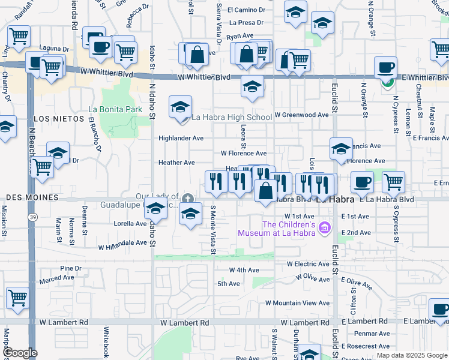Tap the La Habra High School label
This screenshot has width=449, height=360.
tap(231, 117)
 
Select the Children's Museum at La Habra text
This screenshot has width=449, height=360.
tap(276, 228)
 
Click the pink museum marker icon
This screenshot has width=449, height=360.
tap(325, 227)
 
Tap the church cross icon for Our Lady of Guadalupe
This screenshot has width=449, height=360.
tap(188, 199)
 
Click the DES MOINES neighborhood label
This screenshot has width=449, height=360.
tap(32, 197)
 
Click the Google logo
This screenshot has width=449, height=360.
tap(19, 353)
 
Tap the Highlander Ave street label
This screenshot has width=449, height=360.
tap(181, 138)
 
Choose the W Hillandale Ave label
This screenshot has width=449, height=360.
tap(122, 244)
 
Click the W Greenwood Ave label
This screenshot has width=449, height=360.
tap(301, 115)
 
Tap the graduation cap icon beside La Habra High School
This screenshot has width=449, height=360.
tap(180, 107)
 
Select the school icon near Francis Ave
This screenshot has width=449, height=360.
tap(341, 149)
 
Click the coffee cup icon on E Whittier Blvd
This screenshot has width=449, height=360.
tap(385, 68)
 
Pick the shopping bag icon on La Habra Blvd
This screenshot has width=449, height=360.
tap(265, 192)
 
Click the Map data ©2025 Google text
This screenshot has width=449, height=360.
tap(412, 355)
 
